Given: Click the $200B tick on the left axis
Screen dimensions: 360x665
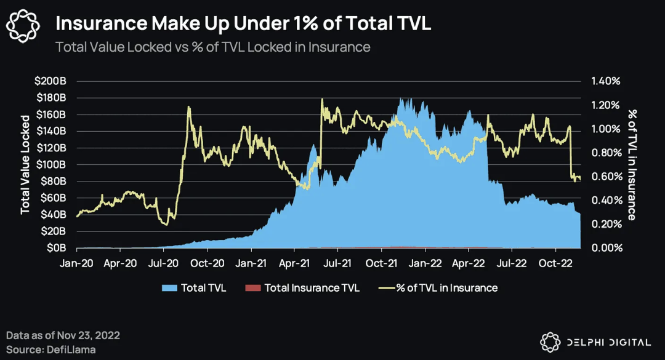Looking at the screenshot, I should [54, 81].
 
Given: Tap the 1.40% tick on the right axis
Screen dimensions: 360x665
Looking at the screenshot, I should [606, 81].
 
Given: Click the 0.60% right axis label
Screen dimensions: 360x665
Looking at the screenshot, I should [606, 177].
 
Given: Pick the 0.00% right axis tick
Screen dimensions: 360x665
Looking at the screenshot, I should [606, 248].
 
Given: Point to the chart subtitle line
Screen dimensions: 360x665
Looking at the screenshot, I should [212, 47].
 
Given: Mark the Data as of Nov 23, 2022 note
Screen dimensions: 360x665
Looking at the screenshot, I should [63, 336].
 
